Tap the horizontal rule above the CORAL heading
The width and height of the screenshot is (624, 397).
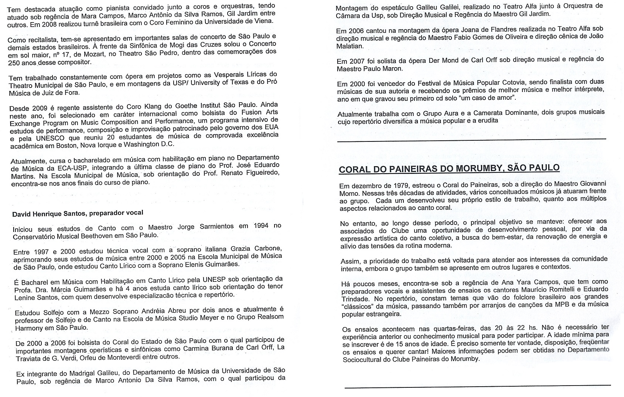point(471,140)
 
